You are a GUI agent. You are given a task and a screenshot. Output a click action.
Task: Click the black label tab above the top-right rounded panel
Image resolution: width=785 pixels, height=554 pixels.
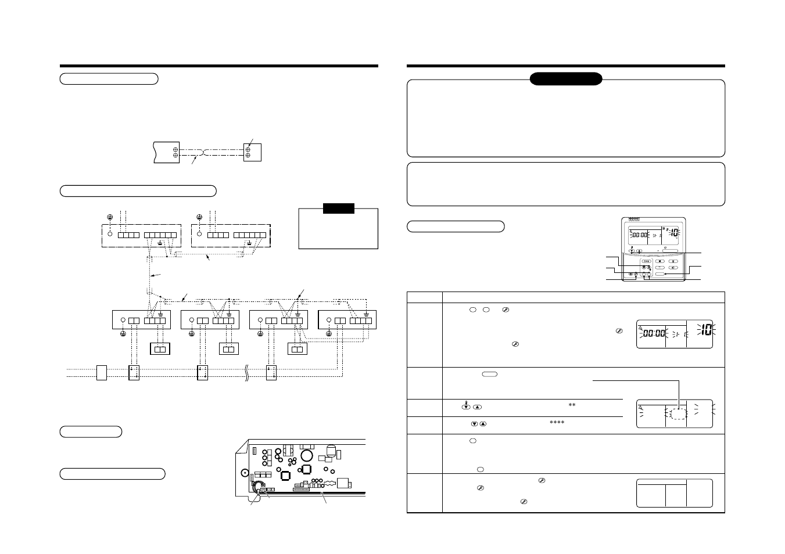click(565, 79)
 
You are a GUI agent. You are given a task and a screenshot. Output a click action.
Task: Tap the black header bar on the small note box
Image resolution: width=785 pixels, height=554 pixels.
click(338, 208)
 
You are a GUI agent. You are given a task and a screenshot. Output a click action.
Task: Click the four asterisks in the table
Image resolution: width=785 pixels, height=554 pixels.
click(557, 423)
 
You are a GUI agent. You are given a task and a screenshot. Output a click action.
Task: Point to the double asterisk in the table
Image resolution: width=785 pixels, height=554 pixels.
click(572, 405)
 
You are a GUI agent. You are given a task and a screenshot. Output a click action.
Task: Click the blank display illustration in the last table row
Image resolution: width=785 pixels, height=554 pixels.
click(674, 493)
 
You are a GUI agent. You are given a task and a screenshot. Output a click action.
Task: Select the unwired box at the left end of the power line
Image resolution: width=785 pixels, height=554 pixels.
click(102, 372)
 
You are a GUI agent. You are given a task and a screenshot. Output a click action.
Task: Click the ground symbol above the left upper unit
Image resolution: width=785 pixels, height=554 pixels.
click(110, 217)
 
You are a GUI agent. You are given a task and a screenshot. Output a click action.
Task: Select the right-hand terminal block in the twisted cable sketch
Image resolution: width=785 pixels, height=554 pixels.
click(252, 152)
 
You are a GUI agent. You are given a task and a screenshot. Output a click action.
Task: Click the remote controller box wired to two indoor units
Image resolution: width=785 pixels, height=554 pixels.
click(297, 349)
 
